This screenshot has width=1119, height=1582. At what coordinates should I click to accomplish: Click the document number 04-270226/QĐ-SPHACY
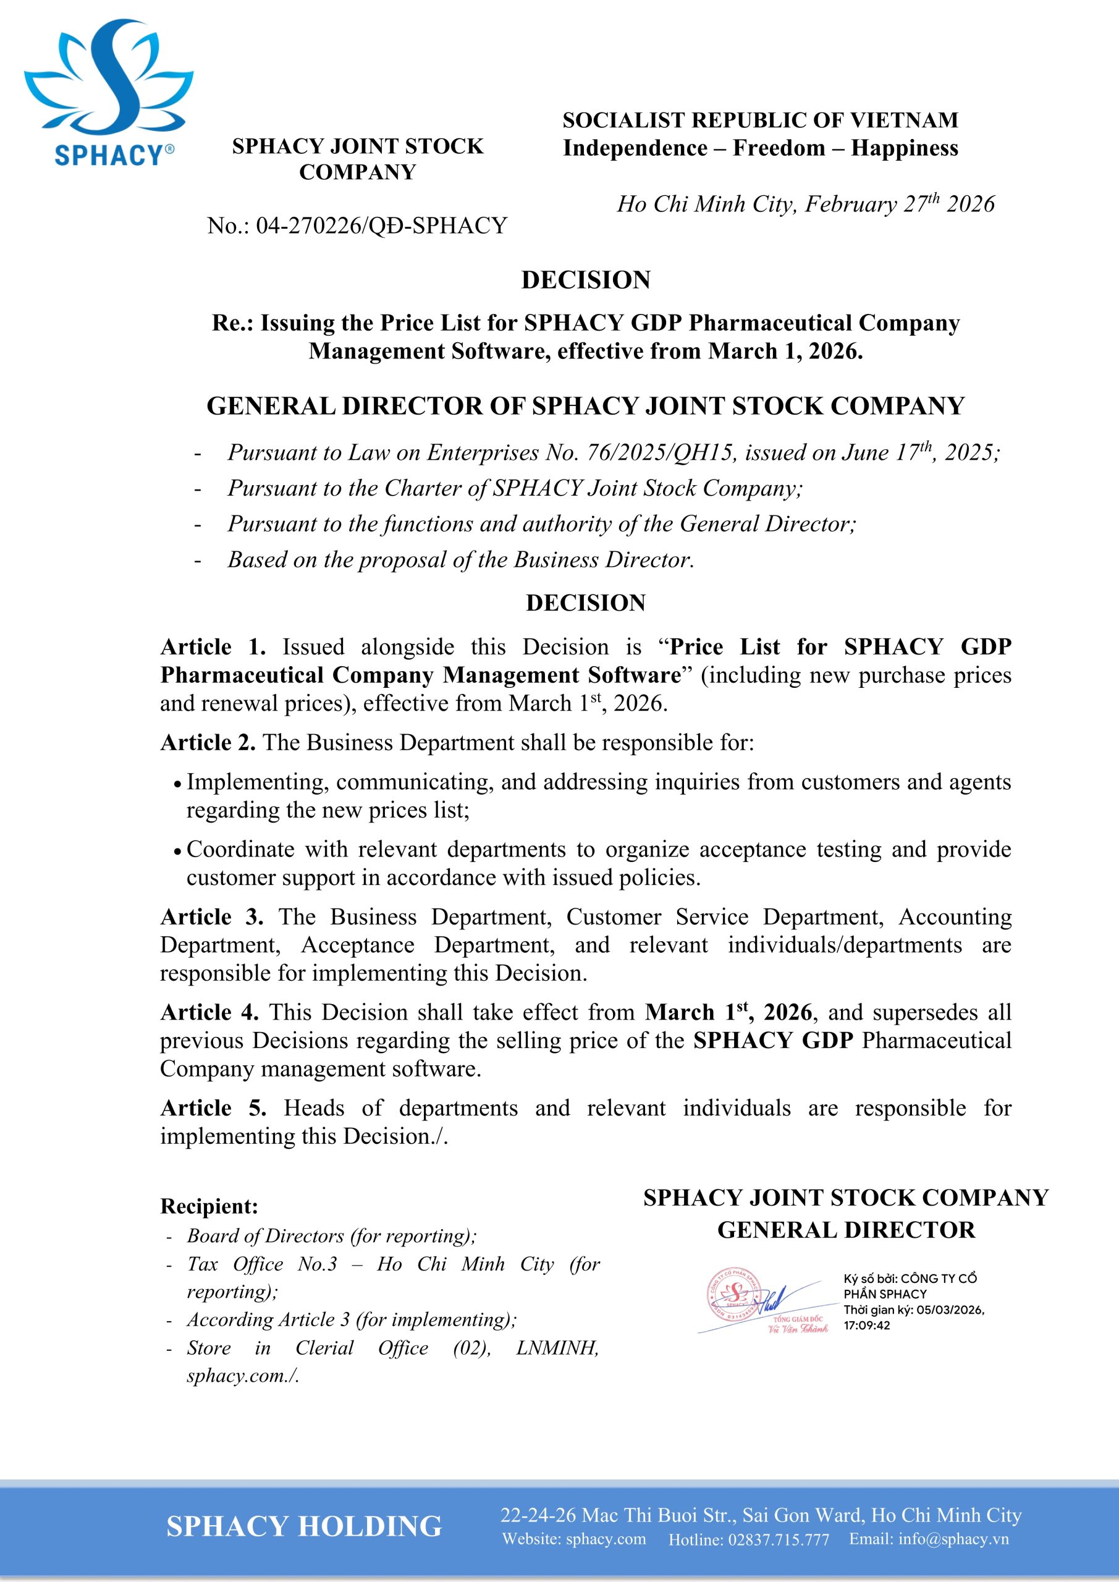click(x=382, y=226)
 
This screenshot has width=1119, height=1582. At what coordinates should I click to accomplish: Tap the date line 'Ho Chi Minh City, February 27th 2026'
click(x=804, y=204)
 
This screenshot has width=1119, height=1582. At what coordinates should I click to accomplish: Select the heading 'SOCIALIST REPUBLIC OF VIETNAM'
click(x=760, y=121)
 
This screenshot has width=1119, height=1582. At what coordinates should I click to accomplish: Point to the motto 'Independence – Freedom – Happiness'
click(x=760, y=148)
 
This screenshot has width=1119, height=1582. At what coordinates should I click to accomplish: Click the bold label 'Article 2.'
click(x=208, y=743)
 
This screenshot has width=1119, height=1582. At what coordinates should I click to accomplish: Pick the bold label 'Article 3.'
click(x=211, y=917)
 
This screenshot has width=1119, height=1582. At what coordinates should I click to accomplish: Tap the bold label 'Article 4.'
click(x=209, y=1012)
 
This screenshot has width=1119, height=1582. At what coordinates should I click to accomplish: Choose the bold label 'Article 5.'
click(x=213, y=1108)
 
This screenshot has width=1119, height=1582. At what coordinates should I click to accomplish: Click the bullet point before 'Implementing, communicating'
click(x=178, y=784)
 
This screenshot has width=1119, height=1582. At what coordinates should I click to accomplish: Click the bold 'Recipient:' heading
click(x=209, y=1206)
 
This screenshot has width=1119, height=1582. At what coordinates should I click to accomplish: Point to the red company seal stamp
click(x=735, y=1293)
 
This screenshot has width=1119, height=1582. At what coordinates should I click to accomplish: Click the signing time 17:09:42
click(x=866, y=1325)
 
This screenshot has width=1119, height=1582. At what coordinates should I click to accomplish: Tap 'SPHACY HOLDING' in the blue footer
click(x=304, y=1527)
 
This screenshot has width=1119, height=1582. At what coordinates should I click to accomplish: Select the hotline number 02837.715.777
click(x=778, y=1540)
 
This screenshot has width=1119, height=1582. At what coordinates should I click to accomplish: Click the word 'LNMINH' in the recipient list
click(x=557, y=1348)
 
